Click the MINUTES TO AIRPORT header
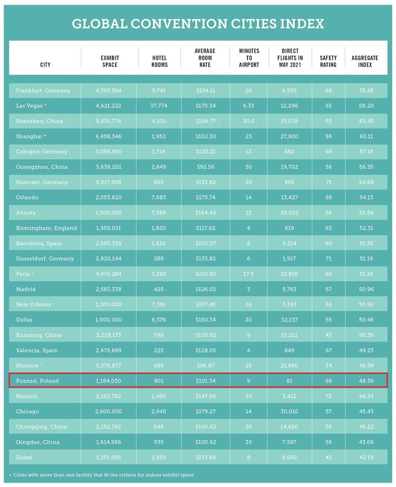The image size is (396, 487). point(249,58)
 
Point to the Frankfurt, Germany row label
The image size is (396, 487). point(43,90)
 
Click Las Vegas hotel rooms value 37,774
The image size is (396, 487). point(159,106)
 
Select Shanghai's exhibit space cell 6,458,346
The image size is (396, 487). point(108,136)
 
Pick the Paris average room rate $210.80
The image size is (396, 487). point(205,274)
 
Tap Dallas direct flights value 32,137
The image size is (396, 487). point(289,320)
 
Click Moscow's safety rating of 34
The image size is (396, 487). point(328,365)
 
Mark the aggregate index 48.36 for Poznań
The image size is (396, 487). point(366,381)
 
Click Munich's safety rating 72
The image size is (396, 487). point(328,396)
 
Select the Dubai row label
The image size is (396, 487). point(24,457)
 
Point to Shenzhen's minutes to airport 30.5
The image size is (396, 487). point(248,121)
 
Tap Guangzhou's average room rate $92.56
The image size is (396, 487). point(205,167)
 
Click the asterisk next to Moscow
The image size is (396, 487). point(42,365)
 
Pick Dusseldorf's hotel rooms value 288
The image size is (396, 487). point(159,259)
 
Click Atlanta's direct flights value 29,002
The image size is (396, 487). point(289,213)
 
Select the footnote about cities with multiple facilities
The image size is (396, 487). point(103,475)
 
